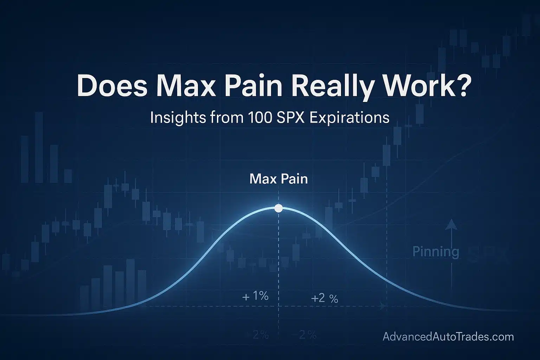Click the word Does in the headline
click(x=112, y=86)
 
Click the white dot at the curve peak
click(x=278, y=208)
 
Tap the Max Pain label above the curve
click(x=278, y=179)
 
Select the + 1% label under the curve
click(x=256, y=296)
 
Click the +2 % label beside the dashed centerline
click(x=324, y=298)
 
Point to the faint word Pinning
click(x=436, y=252)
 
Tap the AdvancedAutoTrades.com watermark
click(x=448, y=337)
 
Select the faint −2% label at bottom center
click(x=303, y=335)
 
